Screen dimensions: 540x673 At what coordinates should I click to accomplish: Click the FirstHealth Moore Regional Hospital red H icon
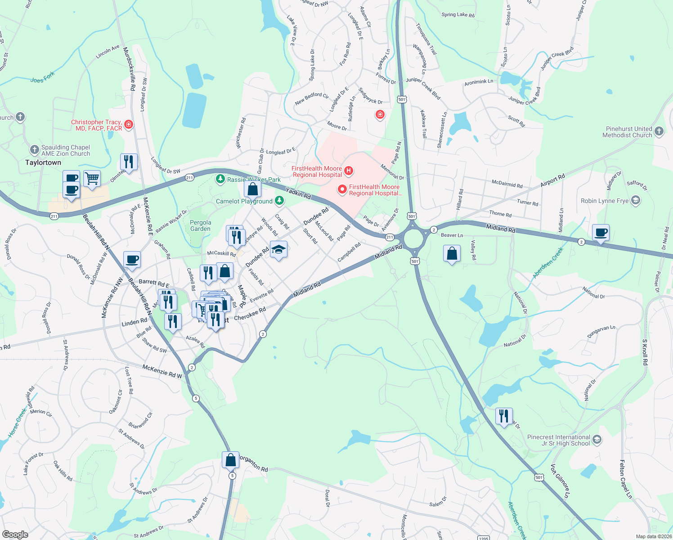(348, 171)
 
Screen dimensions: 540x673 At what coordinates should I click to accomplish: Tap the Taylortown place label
(43, 162)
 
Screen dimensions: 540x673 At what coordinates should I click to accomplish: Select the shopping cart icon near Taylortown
(92, 179)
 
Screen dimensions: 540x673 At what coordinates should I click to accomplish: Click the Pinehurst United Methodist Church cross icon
(659, 131)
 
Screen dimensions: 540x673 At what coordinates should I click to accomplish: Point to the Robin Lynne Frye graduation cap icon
(635, 200)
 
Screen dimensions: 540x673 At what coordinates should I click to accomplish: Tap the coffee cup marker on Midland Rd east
(601, 233)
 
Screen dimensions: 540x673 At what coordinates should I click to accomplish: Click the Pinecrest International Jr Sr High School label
(558, 440)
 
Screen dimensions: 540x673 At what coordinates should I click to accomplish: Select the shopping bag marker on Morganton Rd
(230, 460)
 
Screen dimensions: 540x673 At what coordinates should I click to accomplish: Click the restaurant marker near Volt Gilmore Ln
(504, 416)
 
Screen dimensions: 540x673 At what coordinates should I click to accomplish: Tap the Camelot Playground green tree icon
(280, 200)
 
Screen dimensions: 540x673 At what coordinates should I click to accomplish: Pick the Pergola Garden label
(200, 225)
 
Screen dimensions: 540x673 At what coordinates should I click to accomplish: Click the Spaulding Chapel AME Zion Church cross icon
(35, 149)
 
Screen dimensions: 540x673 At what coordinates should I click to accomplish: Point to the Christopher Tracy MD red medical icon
(129, 124)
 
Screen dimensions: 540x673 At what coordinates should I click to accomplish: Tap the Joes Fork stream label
(42, 77)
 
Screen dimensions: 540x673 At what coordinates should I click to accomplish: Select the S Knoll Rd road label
(645, 352)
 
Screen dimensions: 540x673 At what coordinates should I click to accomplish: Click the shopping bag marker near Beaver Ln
(452, 254)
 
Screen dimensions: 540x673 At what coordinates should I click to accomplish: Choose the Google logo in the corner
(15, 534)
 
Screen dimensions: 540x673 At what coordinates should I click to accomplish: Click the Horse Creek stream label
(18, 423)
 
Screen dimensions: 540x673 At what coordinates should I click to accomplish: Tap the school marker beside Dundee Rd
(278, 250)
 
